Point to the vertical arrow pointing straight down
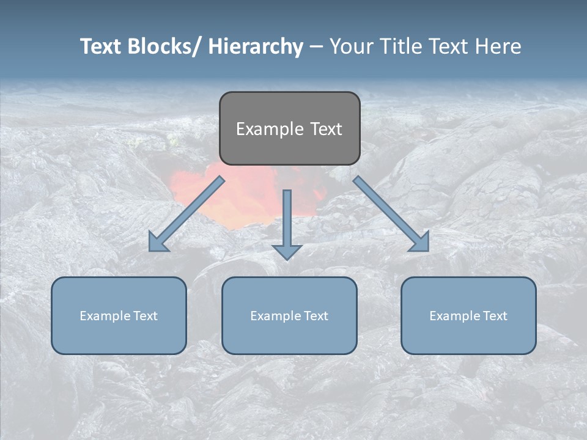coord(287,223)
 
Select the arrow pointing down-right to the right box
coord(391,214)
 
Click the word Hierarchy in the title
coord(256,46)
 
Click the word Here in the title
coord(499,46)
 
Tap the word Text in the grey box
coord(325,129)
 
